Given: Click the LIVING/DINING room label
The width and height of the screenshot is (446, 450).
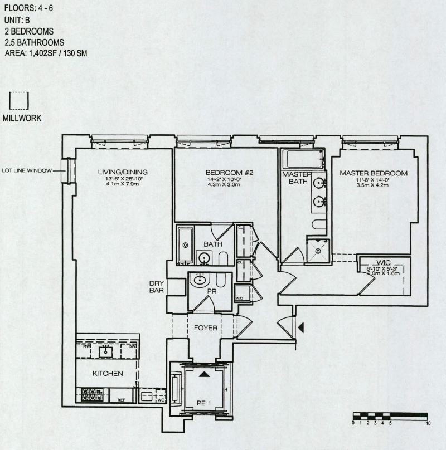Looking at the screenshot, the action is click(x=117, y=173).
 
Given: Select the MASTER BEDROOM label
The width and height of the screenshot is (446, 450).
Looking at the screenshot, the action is click(x=374, y=173).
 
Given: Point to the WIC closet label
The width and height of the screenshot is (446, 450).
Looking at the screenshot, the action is click(x=384, y=262).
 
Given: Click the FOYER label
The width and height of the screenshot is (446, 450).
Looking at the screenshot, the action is click(x=205, y=328).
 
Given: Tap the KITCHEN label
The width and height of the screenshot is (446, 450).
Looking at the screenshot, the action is click(x=108, y=373).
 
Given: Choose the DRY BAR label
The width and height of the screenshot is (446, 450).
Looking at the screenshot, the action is click(x=156, y=287).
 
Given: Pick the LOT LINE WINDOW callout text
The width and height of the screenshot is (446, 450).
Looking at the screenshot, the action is click(x=27, y=171).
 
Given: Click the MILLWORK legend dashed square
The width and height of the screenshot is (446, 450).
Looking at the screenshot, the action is click(x=18, y=101).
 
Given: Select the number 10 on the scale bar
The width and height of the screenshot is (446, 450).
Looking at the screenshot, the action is click(x=427, y=423).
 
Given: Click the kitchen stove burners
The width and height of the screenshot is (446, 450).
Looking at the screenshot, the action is click(x=89, y=395).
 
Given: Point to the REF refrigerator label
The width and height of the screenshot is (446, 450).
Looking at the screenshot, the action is click(x=121, y=399).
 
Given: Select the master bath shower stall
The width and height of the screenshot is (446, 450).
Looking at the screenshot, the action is click(x=318, y=251).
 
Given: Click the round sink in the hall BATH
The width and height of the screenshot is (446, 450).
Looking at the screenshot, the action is click(x=205, y=258).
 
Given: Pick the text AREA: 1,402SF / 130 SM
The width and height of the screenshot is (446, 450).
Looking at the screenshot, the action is click(x=45, y=53).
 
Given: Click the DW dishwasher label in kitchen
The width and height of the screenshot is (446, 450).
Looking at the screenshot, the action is click(x=132, y=347).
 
